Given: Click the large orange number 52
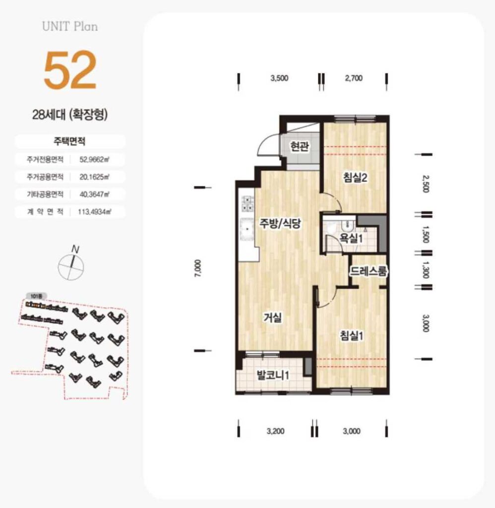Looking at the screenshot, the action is click(x=70, y=70).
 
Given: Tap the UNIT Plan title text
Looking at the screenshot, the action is click(x=70, y=27).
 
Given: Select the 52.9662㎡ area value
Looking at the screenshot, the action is click(x=94, y=159).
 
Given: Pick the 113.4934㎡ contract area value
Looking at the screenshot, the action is click(x=94, y=212).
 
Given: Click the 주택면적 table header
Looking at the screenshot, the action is click(x=69, y=141).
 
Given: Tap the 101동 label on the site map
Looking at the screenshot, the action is click(x=36, y=296).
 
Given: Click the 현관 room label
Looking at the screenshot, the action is click(x=299, y=146).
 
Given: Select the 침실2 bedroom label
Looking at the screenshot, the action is click(x=355, y=178).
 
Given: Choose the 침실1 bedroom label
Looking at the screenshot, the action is click(x=351, y=336).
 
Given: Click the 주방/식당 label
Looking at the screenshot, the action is click(x=280, y=223).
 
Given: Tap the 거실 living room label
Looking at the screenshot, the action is click(x=272, y=318).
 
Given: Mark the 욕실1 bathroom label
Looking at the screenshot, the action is click(x=351, y=239).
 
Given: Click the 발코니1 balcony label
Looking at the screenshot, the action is click(x=273, y=376).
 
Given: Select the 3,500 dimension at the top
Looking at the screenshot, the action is click(x=279, y=78).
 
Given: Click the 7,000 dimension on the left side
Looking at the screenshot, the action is click(x=198, y=268).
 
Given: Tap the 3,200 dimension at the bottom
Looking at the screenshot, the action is click(x=275, y=431).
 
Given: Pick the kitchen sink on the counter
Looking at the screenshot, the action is click(x=248, y=229).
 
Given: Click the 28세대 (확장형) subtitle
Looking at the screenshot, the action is click(x=70, y=115).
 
